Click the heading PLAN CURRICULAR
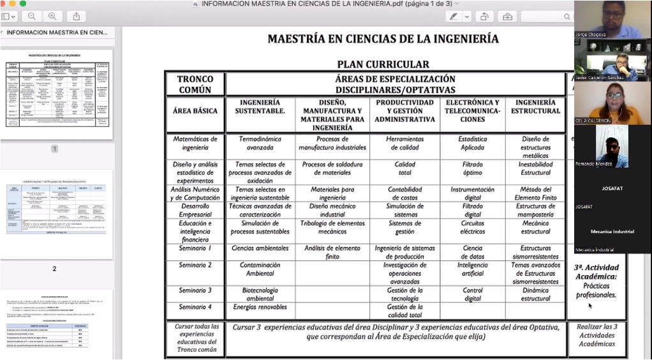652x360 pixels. pyautogui.click(x=383, y=64)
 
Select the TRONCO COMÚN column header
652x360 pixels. pyautogui.click(x=195, y=84)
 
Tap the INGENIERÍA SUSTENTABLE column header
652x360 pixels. pyautogui.click(x=260, y=110)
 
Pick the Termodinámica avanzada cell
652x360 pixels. pyautogui.click(x=260, y=143)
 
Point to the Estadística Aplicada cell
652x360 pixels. pyautogui.click(x=472, y=143)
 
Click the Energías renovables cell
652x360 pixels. pyautogui.click(x=260, y=307)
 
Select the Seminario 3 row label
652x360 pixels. pyautogui.click(x=195, y=290)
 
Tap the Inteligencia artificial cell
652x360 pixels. pyautogui.click(x=472, y=269)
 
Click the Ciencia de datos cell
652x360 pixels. pyautogui.click(x=472, y=252)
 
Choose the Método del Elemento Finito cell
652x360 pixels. pyautogui.click(x=535, y=193)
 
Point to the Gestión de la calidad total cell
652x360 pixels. pyautogui.click(x=404, y=311)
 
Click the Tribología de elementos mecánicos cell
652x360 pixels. pyautogui.click(x=332, y=227)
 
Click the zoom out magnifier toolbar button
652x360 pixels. pyautogui.click(x=31, y=16)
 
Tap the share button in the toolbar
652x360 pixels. pyautogui.click(x=76, y=16)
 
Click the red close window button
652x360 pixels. pyautogui.click(x=4, y=4)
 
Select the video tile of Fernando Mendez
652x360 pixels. pyautogui.click(x=612, y=146)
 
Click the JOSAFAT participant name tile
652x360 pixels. pyautogui.click(x=612, y=188)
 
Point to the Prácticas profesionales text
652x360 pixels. pyautogui.click(x=596, y=290)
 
